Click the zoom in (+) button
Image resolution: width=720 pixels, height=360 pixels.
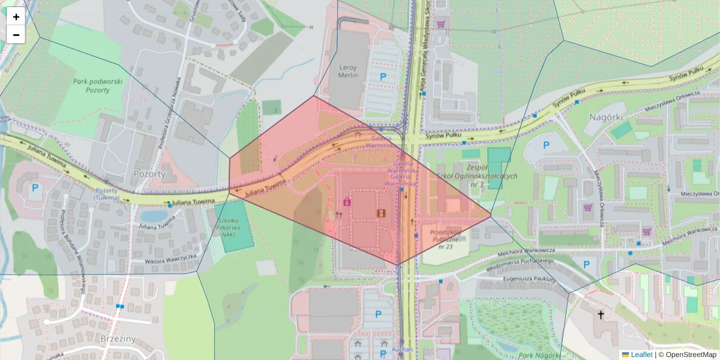(x=16, y=17)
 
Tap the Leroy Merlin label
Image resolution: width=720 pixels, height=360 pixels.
(x=348, y=71)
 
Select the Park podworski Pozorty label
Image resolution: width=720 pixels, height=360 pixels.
(x=98, y=86)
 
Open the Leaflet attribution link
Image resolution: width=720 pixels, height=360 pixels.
(x=641, y=355)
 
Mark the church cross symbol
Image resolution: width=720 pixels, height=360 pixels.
(x=601, y=314)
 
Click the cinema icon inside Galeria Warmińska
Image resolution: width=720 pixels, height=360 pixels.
(x=381, y=213)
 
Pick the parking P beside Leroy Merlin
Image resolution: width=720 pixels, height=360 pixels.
(x=382, y=76)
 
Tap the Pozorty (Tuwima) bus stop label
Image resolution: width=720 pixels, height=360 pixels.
(x=106, y=194)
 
